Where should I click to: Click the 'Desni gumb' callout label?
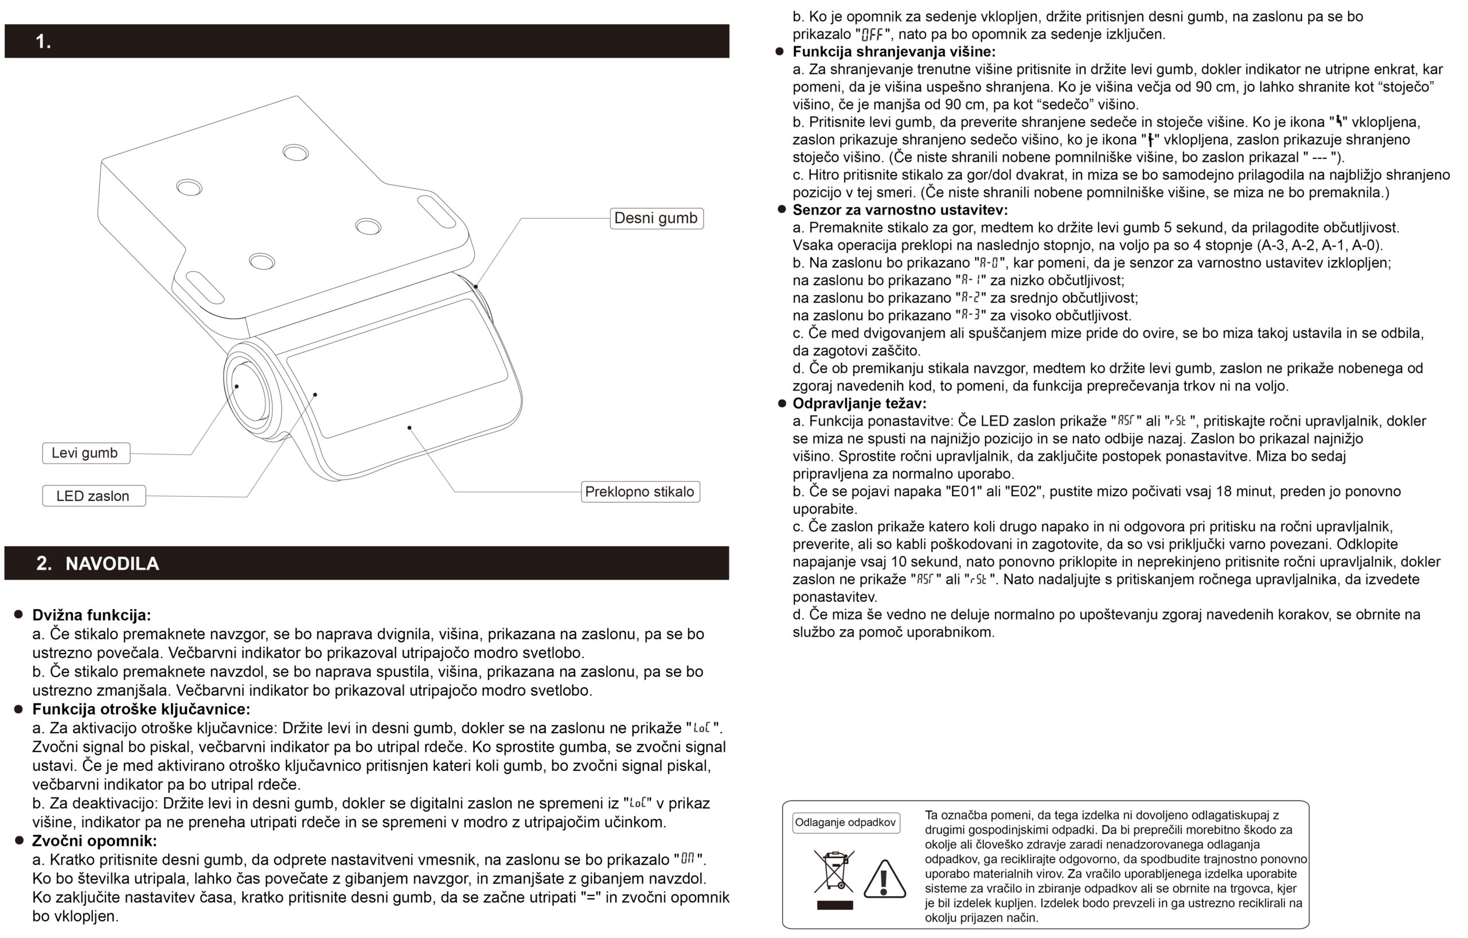[x=656, y=219]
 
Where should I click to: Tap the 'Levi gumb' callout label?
[x=85, y=453]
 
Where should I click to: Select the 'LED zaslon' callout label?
[x=93, y=496]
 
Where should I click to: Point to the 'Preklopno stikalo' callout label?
[x=639, y=492]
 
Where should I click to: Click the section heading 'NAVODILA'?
[x=112, y=563]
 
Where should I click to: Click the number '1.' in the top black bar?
[x=43, y=41]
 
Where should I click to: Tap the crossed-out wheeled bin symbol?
[x=833, y=871]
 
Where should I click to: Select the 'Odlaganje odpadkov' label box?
[x=846, y=823]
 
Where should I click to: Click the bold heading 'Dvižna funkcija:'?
[x=91, y=615]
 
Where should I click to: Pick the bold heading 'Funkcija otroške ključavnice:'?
[x=141, y=709]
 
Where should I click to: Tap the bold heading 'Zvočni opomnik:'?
[x=95, y=841]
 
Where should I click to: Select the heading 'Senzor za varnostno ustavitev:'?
[x=900, y=211]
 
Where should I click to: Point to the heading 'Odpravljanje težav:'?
[x=859, y=404]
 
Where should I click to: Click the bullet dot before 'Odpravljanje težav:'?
[x=782, y=404]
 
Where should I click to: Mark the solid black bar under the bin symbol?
[x=834, y=905]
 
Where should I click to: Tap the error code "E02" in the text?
[x=1023, y=492]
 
